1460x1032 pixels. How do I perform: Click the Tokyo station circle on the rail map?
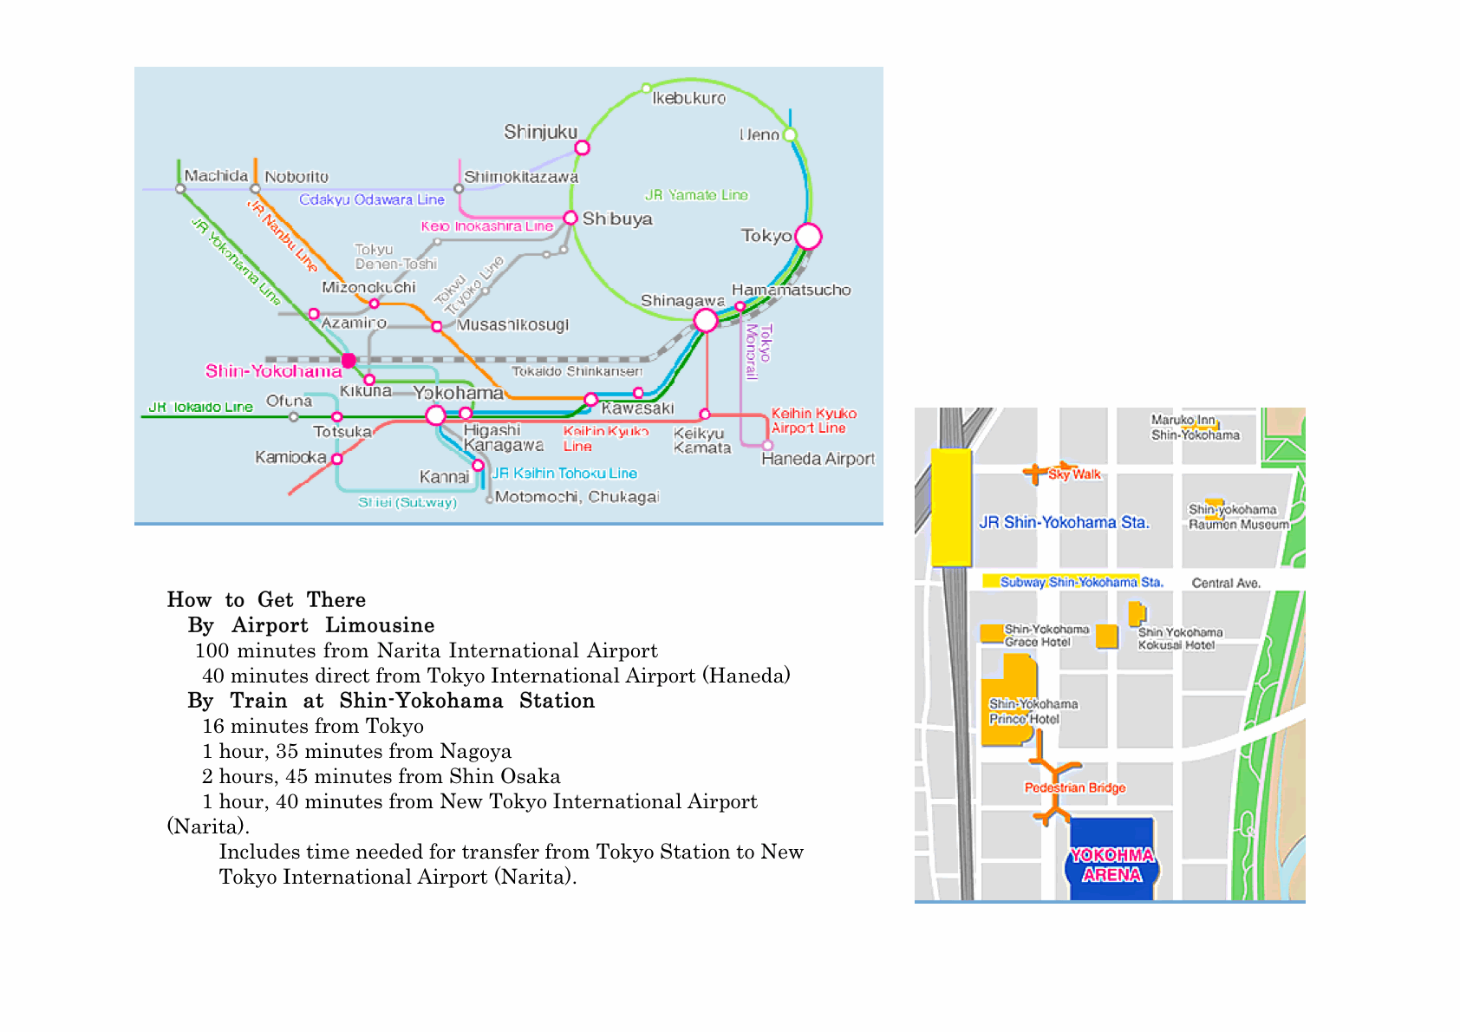coord(808,236)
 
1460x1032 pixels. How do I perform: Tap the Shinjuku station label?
coord(540,132)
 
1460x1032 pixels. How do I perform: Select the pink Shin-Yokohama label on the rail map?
coord(273,371)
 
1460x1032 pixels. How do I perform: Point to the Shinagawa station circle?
coord(706,321)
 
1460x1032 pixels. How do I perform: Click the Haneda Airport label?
coord(818,459)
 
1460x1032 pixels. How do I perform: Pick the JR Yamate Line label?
coord(696,195)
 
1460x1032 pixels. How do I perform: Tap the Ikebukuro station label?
coord(688,98)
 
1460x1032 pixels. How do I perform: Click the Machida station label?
coord(216,176)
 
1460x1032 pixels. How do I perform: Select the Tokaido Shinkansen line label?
coord(577,371)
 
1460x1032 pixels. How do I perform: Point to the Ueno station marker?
coord(790,134)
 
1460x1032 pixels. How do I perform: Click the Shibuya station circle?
coord(570,218)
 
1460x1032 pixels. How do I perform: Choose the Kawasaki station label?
coord(637,408)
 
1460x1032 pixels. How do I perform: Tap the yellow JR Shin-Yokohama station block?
coord(951,507)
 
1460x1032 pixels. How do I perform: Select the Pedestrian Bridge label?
coord(1075,787)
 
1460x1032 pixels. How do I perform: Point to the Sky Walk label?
coord(1074,474)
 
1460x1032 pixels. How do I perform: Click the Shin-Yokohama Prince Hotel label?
coord(1033,711)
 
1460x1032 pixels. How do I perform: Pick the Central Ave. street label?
coord(1226,583)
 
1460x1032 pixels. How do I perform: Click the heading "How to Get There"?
coord(266,600)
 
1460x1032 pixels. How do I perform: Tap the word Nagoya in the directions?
coord(475,751)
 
